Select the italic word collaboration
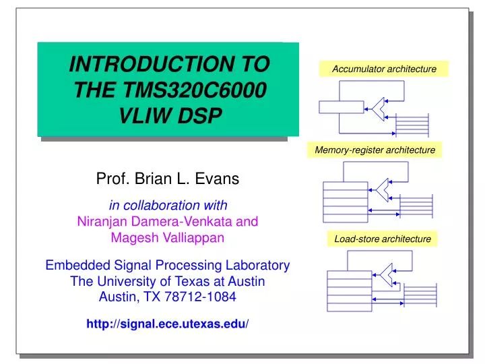pyautogui.click(x=167, y=205)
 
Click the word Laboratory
pyautogui.click(x=258, y=265)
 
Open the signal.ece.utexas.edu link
pyautogui.click(x=168, y=324)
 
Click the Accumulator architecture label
pyautogui.click(x=384, y=69)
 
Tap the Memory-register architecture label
pyautogui.click(x=375, y=150)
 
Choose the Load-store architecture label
pyautogui.click(x=382, y=239)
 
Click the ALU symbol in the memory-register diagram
pyautogui.click(x=383, y=190)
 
